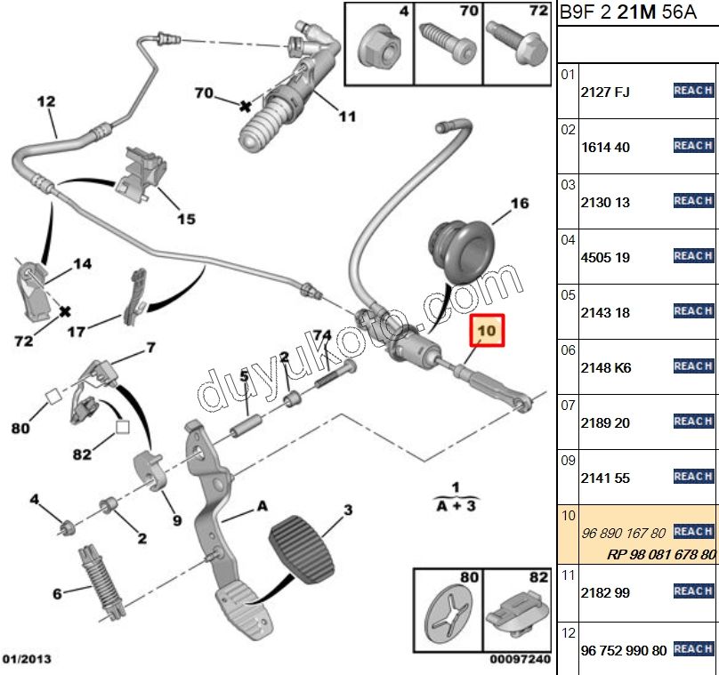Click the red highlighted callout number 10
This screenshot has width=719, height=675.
(487, 333)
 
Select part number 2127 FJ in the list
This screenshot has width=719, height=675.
(604, 92)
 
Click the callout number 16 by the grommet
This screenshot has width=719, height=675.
(519, 204)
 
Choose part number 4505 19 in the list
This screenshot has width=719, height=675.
(604, 257)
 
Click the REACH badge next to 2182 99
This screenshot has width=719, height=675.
(693, 591)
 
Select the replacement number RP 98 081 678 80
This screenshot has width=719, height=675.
(661, 553)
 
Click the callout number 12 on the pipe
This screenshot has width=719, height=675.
(46, 102)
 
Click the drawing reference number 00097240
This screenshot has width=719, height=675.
(521, 660)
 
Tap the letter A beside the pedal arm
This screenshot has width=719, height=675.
(263, 505)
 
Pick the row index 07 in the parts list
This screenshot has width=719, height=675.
(569, 406)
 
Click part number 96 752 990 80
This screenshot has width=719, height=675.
(623, 650)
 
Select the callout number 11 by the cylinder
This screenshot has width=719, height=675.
(347, 116)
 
